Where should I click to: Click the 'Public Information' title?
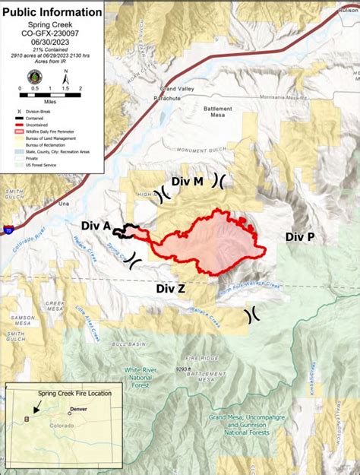click(x=52, y=12)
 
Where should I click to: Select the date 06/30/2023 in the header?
click(x=52, y=43)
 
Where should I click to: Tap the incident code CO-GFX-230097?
click(x=52, y=33)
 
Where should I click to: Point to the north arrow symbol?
click(x=66, y=76)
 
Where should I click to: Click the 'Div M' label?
click(x=187, y=182)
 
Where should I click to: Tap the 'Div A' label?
click(x=96, y=226)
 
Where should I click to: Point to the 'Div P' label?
click(x=299, y=237)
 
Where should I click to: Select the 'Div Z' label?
click(x=171, y=289)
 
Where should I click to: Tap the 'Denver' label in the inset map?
click(x=79, y=408)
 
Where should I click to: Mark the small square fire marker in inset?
click(x=28, y=418)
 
